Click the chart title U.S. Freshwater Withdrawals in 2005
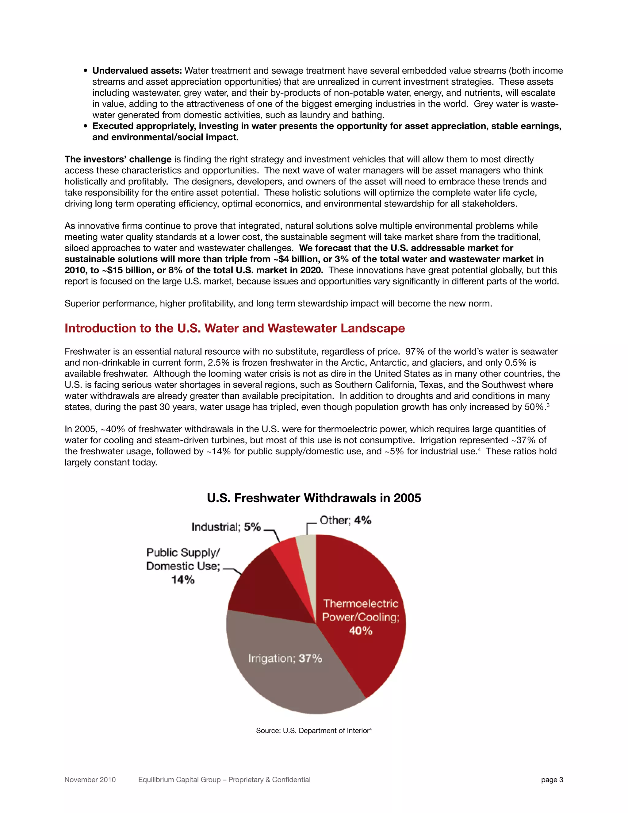(314, 498)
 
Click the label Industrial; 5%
(226, 527)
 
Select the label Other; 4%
(345, 520)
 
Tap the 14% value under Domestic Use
(183, 580)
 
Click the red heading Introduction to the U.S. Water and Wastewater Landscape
(234, 328)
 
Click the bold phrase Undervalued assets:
(137, 71)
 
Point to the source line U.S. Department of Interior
(314, 730)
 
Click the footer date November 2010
(90, 780)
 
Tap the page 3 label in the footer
(552, 780)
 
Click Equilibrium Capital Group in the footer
(178, 780)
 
